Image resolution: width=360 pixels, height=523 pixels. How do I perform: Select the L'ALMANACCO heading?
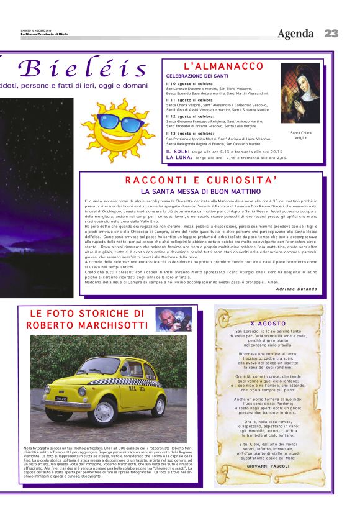coord(224,66)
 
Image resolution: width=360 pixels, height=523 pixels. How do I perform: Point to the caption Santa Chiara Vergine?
coord(300,135)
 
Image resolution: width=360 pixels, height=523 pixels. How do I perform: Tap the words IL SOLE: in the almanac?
coord(178,151)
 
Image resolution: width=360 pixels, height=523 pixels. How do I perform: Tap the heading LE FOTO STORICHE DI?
coord(87,313)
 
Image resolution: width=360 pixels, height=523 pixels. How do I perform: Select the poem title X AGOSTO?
coord(269,324)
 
